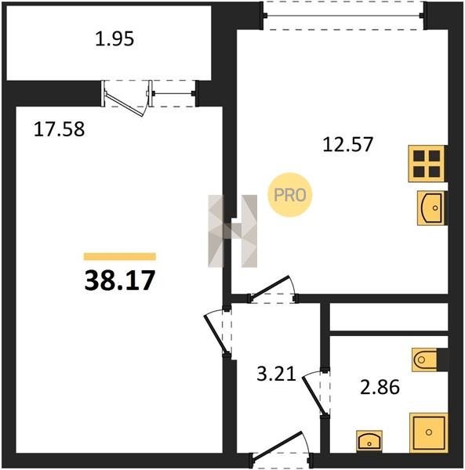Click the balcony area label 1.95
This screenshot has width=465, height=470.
(114, 39)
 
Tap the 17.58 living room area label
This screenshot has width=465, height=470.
(59, 129)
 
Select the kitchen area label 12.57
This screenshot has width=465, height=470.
(347, 144)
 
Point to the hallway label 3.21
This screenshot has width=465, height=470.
(276, 374)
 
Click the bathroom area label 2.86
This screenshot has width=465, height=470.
(380, 387)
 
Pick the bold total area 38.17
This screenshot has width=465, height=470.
(120, 280)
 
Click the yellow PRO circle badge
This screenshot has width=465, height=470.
(290, 195)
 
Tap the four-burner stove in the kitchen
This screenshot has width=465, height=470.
(427, 164)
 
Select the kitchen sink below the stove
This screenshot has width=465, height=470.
(432, 208)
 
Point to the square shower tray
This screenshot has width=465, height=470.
(429, 432)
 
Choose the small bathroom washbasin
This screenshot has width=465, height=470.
(369, 441)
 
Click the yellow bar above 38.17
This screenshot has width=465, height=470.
(120, 257)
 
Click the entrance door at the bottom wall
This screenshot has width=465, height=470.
(278, 445)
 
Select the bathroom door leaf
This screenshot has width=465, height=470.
(314, 396)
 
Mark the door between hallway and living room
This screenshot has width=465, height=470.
(215, 334)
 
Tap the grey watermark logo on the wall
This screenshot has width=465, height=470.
(233, 231)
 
